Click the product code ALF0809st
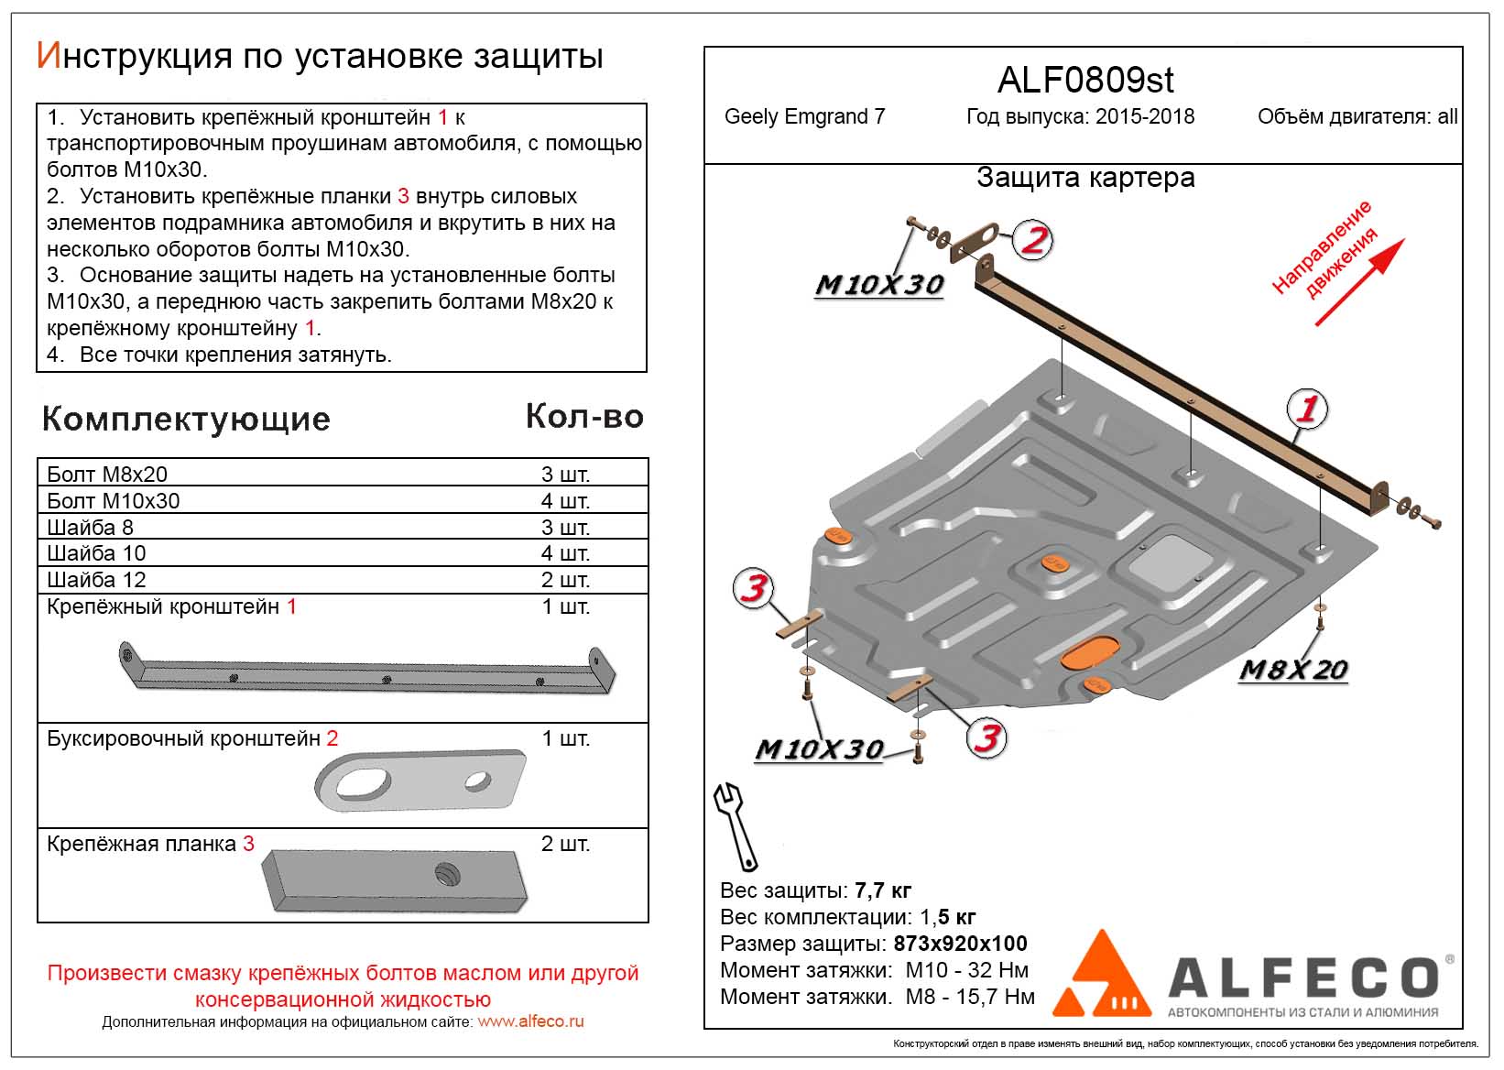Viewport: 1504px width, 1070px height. tap(1084, 81)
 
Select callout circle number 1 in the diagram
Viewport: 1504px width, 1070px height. tap(1307, 409)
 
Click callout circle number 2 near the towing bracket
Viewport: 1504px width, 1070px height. tap(1033, 241)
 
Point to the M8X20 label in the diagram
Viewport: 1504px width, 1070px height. tap(1292, 670)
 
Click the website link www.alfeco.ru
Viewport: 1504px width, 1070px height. tap(530, 1021)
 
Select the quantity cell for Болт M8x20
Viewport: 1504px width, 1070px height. tap(565, 474)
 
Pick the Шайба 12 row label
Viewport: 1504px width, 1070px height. tap(96, 580)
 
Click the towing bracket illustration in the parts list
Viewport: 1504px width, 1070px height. tap(420, 781)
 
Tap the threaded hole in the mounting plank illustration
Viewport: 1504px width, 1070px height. tap(448, 875)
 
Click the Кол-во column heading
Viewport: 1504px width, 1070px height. tap(584, 417)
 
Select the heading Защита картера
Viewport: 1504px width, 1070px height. tap(1085, 178)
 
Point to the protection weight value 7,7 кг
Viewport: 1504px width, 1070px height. tap(882, 890)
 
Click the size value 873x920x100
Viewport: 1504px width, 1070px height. tap(960, 944)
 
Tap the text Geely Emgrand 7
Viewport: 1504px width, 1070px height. tap(804, 117)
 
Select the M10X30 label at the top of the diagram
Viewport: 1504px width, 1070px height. tap(879, 285)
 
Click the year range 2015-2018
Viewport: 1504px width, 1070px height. tap(1145, 117)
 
